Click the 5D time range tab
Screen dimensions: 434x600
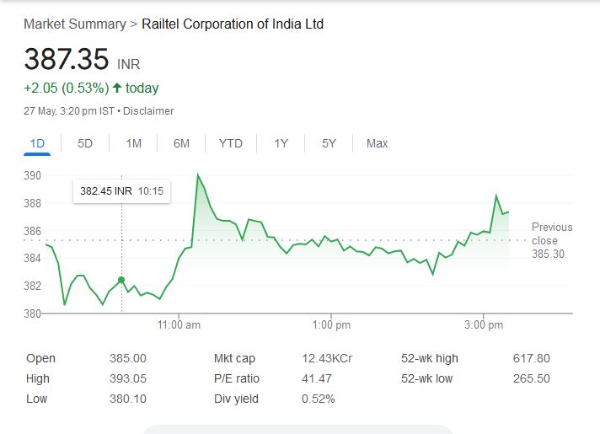(x=85, y=143)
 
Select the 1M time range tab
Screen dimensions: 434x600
(x=133, y=143)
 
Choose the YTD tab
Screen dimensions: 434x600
(x=230, y=143)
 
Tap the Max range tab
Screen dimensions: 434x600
(x=377, y=143)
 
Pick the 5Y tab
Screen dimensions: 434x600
(x=329, y=143)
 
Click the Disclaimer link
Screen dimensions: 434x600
(x=149, y=111)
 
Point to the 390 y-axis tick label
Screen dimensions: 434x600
(x=33, y=175)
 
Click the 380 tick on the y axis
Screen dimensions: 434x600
(x=33, y=313)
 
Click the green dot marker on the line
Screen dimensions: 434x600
(x=122, y=280)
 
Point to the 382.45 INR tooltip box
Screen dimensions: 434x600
(x=121, y=191)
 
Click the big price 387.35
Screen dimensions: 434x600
(x=67, y=60)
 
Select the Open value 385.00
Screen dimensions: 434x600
(x=128, y=358)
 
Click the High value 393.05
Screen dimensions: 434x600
(x=128, y=378)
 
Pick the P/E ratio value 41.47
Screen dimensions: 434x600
(x=316, y=378)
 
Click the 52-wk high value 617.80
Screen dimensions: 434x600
(x=531, y=358)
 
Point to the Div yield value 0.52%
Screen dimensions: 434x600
(x=319, y=399)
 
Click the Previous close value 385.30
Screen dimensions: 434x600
(x=549, y=254)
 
